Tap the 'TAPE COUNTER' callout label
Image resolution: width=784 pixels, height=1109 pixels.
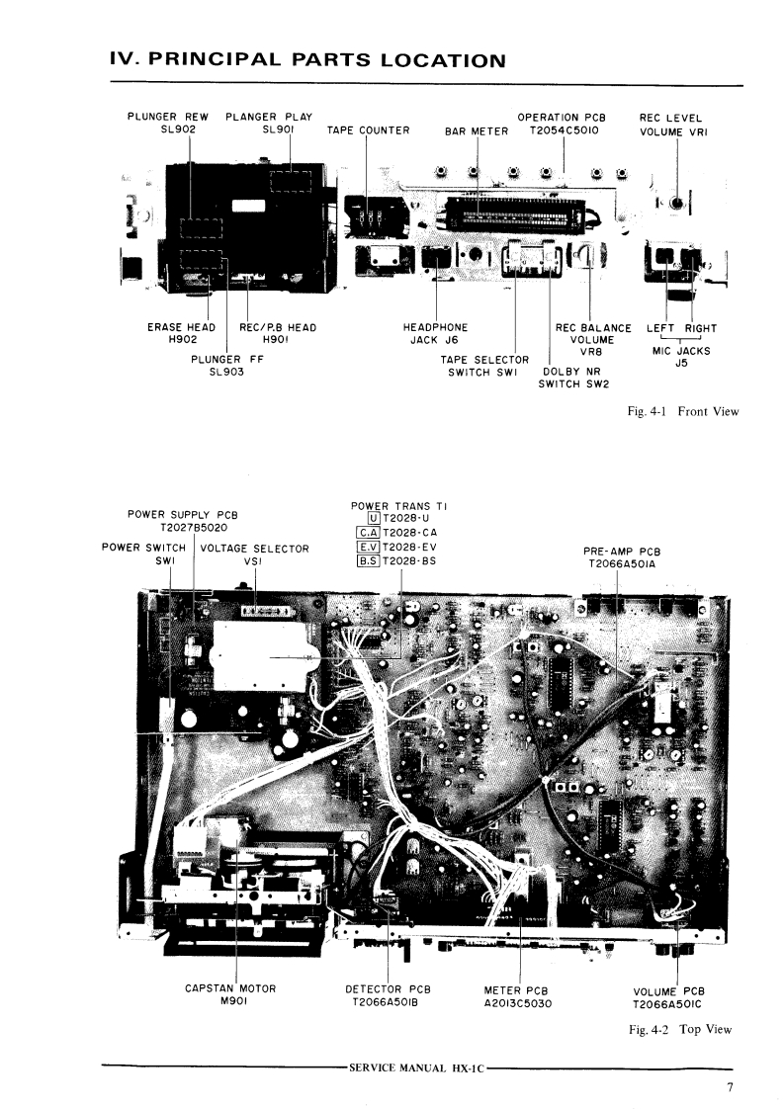click(368, 130)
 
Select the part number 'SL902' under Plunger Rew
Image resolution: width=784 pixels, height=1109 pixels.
click(168, 130)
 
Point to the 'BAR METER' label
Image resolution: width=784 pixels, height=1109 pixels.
click(477, 130)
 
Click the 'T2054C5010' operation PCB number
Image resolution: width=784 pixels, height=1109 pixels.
click(564, 130)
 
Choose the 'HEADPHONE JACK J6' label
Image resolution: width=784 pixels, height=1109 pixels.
click(436, 334)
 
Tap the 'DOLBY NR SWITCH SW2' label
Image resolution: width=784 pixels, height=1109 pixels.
click(572, 379)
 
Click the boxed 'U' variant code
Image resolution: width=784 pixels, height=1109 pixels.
click(373, 519)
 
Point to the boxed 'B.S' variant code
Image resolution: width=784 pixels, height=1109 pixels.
click(368, 561)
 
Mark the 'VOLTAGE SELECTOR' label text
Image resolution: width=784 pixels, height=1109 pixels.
click(254, 549)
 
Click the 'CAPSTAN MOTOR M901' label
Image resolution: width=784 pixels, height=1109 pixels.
click(230, 994)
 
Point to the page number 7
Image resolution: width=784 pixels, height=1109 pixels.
click(730, 1089)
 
